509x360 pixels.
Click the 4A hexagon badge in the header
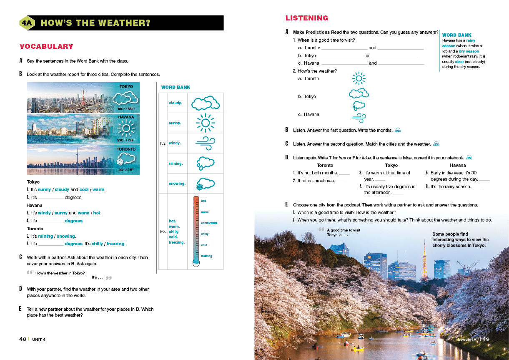27,23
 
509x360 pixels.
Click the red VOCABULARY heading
46,46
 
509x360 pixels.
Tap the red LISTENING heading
306,18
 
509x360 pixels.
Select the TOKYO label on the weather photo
126,87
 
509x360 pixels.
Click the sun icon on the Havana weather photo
126,128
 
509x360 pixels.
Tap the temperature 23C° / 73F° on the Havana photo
126,141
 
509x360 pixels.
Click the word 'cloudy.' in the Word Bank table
176,103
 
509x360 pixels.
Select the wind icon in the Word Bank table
206,143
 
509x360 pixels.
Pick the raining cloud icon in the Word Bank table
206,163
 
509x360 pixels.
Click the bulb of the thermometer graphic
196,262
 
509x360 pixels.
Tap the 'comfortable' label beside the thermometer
209,223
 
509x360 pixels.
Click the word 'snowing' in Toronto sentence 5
66,236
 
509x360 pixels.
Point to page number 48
23,339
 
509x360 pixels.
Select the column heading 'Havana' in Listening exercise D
457,165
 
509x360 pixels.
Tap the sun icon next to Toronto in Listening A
359,78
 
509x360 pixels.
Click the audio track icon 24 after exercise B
398,131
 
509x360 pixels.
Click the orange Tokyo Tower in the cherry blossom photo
425,259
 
